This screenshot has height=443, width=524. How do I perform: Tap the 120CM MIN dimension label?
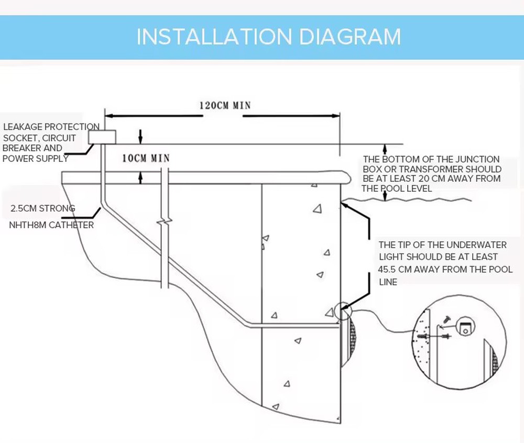225,105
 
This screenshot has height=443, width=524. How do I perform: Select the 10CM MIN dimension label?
146,158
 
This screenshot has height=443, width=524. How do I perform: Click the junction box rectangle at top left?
102,137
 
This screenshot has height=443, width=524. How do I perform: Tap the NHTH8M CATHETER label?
52,225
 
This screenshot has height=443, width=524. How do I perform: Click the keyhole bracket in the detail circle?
465,326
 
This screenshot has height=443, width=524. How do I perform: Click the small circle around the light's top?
342,311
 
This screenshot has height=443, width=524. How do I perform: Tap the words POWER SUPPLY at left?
36,158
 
